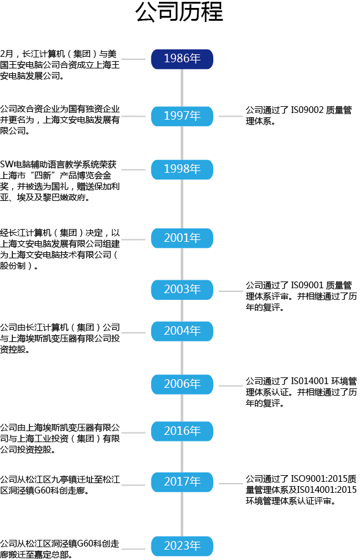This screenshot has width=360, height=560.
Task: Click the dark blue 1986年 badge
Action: tap(182, 59)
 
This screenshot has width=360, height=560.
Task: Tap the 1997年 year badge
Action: tap(182, 115)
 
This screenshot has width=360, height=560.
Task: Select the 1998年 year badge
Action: tap(182, 169)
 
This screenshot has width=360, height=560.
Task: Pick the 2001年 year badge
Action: tap(182, 238)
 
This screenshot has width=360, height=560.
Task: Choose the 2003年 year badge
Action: tap(182, 289)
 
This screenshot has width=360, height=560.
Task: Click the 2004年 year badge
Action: tap(182, 331)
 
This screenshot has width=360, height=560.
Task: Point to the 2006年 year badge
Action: tap(182, 384)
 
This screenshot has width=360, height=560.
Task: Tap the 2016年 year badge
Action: tap(182, 431)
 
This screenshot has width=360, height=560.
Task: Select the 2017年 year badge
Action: tap(182, 482)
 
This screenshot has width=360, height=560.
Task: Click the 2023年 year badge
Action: tap(182, 545)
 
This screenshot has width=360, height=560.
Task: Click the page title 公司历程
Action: tap(179, 13)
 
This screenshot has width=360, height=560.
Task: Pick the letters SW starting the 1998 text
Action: tap(6, 164)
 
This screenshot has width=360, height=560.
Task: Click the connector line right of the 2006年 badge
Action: tap(229, 385)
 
